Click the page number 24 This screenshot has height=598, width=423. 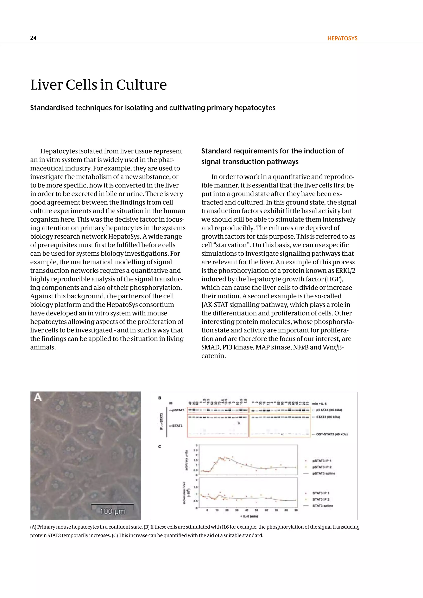[33, 38]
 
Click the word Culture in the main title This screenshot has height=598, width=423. [141, 85]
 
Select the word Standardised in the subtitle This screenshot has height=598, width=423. [52, 108]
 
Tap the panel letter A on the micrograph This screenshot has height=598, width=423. [38, 397]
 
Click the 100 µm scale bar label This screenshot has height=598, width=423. [112, 511]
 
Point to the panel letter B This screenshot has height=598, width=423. [160, 398]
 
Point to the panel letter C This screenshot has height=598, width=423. [160, 446]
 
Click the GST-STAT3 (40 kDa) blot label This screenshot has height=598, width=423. [332, 434]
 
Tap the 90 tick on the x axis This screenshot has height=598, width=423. [296, 510]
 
